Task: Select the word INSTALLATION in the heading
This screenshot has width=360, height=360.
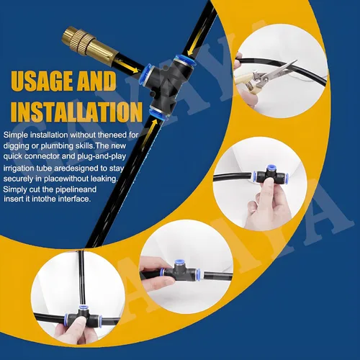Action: click(x=76, y=112)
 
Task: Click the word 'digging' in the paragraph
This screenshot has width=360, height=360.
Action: click(x=16, y=146)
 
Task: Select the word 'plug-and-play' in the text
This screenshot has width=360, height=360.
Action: click(x=102, y=156)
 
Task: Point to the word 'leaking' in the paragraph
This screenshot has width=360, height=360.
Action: click(x=105, y=179)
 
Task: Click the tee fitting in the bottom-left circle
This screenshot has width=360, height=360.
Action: click(x=83, y=317)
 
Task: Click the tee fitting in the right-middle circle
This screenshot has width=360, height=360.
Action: click(x=271, y=176)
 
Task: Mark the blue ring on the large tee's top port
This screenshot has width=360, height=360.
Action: click(x=184, y=62)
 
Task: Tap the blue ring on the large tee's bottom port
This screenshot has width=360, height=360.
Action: click(x=158, y=114)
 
